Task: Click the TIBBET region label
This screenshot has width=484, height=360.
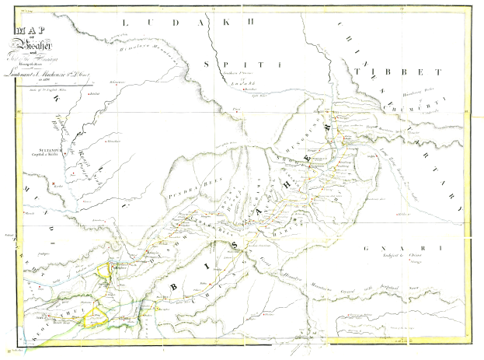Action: tap(396, 71)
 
